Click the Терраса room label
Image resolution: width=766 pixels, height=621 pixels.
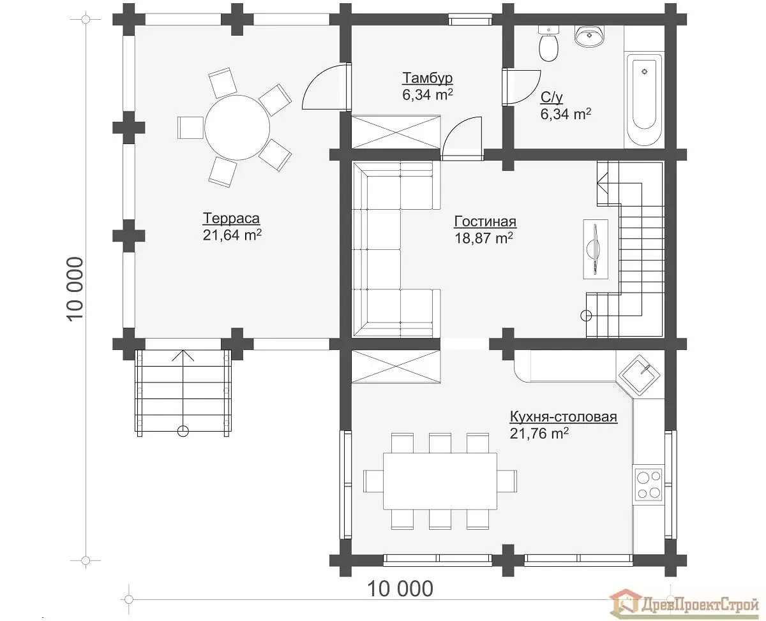click(x=231, y=219)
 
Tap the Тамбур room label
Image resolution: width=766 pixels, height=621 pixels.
click(x=427, y=78)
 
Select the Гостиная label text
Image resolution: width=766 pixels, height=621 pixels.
click(x=485, y=222)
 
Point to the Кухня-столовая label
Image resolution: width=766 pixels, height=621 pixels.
click(x=564, y=417)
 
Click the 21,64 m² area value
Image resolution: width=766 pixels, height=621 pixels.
click(x=232, y=235)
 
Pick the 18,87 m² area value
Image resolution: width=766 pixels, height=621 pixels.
click(x=484, y=238)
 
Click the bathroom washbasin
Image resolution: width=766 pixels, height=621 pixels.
click(x=590, y=36)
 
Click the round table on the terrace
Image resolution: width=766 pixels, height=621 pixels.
click(x=237, y=128)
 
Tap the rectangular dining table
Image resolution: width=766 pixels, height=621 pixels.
click(x=440, y=481)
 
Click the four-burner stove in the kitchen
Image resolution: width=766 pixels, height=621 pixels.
click(x=649, y=485)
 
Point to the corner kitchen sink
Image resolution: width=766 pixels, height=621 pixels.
click(x=639, y=375)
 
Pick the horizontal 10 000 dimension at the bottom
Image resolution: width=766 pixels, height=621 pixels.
click(x=400, y=588)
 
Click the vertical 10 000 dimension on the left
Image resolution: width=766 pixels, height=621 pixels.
click(x=75, y=289)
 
